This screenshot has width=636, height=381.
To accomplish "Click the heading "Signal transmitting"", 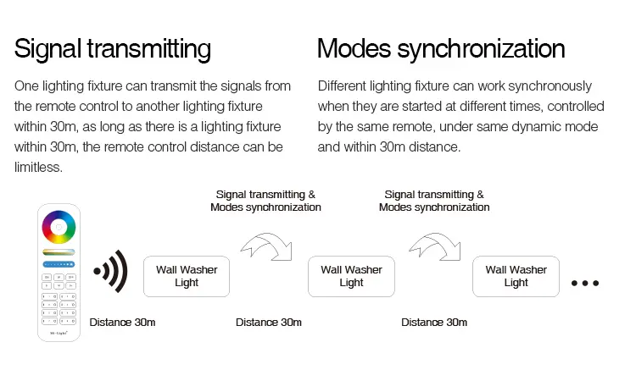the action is pyautogui.click(x=112, y=49).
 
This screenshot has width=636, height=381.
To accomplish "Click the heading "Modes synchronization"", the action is pyautogui.click(x=441, y=49).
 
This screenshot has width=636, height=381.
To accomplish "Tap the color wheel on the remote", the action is pyautogui.click(x=59, y=227).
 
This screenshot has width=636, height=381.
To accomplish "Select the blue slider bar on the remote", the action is pyautogui.click(x=59, y=264).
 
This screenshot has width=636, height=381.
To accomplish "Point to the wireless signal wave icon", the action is pyautogui.click(x=111, y=271).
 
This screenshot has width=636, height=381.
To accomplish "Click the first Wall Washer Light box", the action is pyautogui.click(x=187, y=276).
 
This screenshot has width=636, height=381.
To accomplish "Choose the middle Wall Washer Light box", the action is pyautogui.click(x=351, y=276).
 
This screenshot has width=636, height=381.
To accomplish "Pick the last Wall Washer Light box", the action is pyautogui.click(x=516, y=276).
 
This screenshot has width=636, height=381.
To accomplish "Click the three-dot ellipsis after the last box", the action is pyautogui.click(x=585, y=283).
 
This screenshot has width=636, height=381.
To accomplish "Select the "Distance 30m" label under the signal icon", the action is pyautogui.click(x=122, y=323).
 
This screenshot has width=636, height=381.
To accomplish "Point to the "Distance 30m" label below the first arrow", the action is pyautogui.click(x=269, y=323).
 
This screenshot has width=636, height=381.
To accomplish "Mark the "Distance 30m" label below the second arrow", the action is pyautogui.click(x=434, y=323).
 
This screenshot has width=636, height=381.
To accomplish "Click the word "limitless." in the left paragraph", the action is pyautogui.click(x=38, y=167).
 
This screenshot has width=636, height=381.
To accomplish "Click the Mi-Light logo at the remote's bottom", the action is pyautogui.click(x=59, y=333).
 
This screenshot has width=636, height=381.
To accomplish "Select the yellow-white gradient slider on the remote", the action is pyautogui.click(x=59, y=252).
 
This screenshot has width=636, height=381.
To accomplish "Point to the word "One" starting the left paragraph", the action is pyautogui.click(x=26, y=86).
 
